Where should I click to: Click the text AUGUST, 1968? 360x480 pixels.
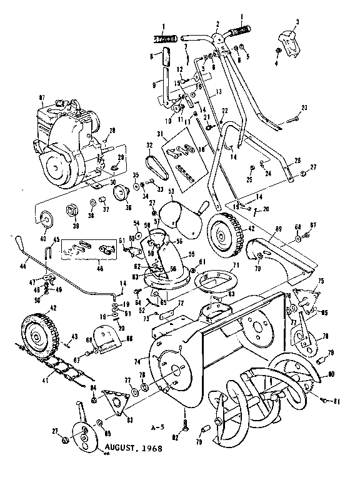(135, 448)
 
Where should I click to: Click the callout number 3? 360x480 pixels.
(297, 22)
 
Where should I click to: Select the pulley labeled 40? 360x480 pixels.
(46, 218)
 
